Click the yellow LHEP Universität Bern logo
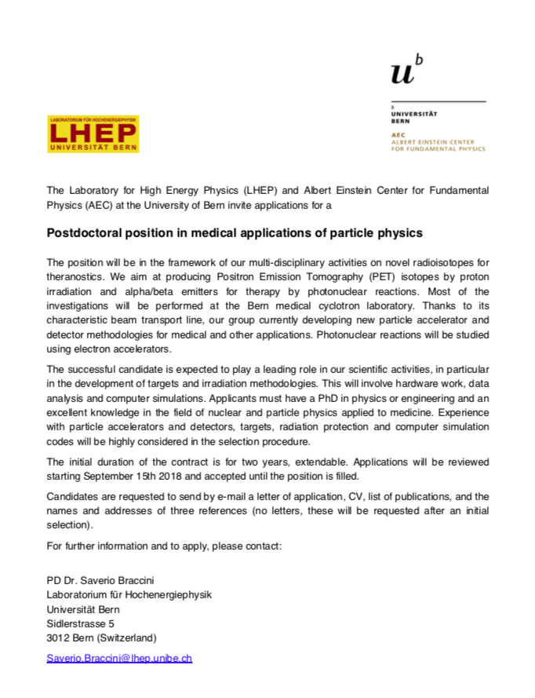(x=93, y=133)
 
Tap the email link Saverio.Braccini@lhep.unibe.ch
(x=119, y=658)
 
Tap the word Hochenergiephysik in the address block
(x=171, y=595)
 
